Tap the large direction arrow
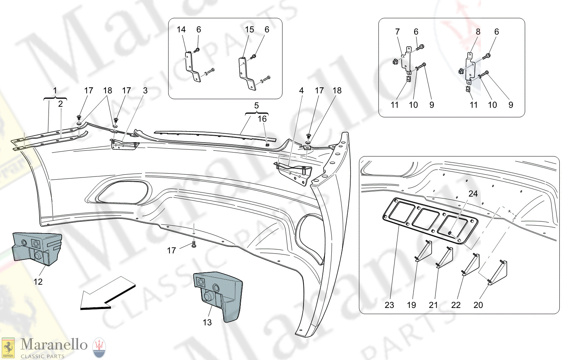pos(107,293)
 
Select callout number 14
pos(181,30)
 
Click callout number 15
pos(249,30)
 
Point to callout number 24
pos(473,194)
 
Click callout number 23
pos(389,305)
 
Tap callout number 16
pos(262,119)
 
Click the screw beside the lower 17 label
pos(194,245)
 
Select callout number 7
pos(397,32)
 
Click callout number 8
pos(478,32)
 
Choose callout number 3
pos(145,91)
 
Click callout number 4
pos(301,91)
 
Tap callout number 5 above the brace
pos(256,106)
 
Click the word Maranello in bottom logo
pos(54,345)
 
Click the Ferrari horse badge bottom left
pos(8,348)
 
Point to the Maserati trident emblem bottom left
pos(99,348)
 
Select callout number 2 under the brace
pos(60,104)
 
